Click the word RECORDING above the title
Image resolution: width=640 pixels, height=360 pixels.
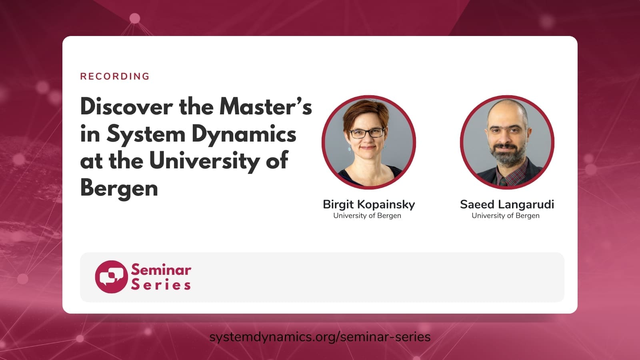115,76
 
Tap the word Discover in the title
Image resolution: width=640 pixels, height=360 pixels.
126,107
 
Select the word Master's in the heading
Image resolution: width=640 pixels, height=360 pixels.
266,107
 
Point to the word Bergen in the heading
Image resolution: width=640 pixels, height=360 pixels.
119,188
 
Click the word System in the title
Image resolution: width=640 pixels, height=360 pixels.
146,135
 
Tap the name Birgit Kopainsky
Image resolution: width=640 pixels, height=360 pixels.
368,204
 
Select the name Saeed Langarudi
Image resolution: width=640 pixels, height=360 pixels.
507,204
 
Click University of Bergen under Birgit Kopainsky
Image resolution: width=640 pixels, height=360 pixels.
367,216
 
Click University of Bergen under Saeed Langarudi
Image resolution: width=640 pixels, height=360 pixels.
505,216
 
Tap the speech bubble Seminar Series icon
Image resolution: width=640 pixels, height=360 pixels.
111,277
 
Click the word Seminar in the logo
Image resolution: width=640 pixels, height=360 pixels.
161,270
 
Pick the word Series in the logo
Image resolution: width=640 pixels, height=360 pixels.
161,285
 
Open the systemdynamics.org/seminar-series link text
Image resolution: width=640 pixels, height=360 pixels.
320,337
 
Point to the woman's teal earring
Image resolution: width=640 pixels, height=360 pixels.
349,150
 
